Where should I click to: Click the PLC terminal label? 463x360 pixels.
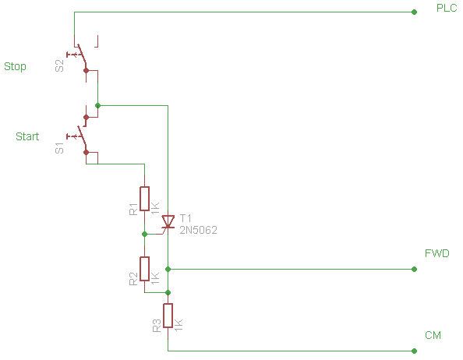coord(447,8)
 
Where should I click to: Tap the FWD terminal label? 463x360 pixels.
coord(437,253)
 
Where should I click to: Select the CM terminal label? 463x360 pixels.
coord(433,335)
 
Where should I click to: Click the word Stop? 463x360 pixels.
coord(15,66)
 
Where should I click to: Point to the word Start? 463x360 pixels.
coord(27,136)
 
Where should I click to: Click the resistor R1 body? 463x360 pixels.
coord(144,199)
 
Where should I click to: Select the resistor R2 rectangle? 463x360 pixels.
coord(144,269)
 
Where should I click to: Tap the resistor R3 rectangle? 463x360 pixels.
coord(168,316)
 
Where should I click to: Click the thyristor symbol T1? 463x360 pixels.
coord(168,222)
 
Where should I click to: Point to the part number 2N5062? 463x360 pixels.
coord(198,230)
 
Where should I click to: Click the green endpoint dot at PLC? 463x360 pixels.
coord(414,12)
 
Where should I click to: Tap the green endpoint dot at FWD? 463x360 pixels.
coord(414,269)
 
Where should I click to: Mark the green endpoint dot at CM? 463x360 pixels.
coord(414,351)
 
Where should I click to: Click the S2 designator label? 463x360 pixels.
coord(59,65)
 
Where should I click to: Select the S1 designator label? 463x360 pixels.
coord(59,148)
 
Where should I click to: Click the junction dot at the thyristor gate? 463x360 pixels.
coord(144,234)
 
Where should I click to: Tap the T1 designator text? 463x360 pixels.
coord(186,218)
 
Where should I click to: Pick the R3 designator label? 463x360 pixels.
coord(157,326)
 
